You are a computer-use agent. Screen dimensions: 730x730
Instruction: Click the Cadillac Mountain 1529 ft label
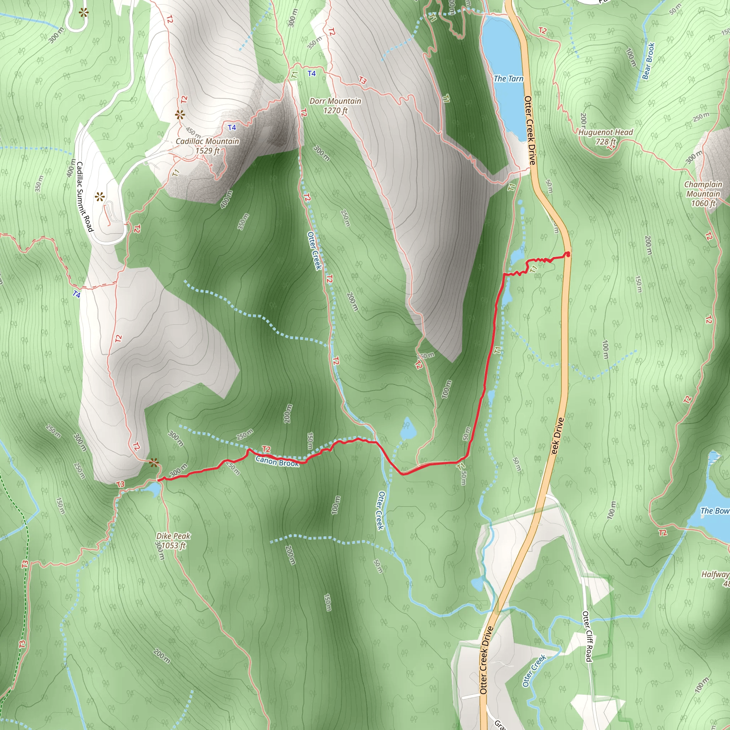coord(207,146)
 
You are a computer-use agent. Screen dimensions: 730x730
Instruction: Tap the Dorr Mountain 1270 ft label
coord(335,106)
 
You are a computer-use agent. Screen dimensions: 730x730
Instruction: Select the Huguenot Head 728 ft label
coord(605,137)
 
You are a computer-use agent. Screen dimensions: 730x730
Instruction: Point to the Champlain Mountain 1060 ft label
coord(703,194)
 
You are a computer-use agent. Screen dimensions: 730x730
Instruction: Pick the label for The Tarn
coord(508,78)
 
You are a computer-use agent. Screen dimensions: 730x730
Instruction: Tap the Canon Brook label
coord(277,461)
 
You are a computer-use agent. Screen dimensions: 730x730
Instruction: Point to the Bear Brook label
coord(648,61)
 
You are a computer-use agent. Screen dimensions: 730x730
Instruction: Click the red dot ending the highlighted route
coord(568,255)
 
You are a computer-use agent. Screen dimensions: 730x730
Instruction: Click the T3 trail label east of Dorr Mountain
coord(363,80)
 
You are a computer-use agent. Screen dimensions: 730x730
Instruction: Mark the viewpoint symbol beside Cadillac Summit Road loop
coord(100,197)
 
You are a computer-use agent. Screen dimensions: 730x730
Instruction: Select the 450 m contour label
coord(193,132)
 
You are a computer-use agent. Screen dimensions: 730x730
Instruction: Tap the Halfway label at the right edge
coord(715,574)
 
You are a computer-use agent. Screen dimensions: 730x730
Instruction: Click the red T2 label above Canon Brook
coord(266,449)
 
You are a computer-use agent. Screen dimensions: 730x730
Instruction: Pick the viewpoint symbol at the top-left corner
coord(83,13)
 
